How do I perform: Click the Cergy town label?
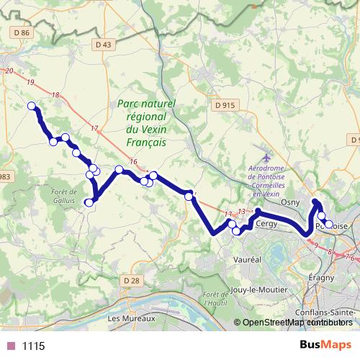pyautogui.click(x=266, y=224)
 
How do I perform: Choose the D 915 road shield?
pyautogui.click(x=225, y=105)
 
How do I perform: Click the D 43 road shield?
pyautogui.click(x=104, y=45)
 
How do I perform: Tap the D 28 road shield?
pyautogui.click(x=130, y=280)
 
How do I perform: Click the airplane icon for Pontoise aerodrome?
pyautogui.click(x=267, y=157)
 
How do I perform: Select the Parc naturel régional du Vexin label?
pyautogui.click(x=146, y=123)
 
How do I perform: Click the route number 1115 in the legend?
pyautogui.click(x=33, y=346)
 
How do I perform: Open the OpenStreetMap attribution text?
pyautogui.click(x=296, y=322)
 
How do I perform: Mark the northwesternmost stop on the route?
pyautogui.click(x=31, y=107)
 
